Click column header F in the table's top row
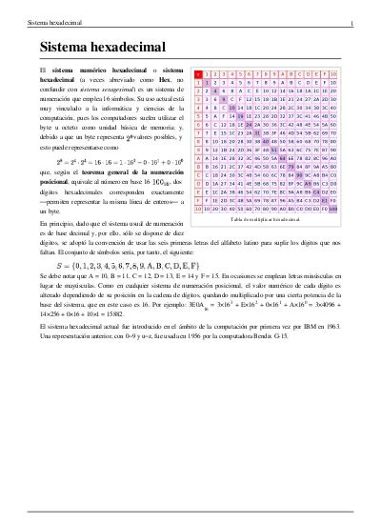322,72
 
